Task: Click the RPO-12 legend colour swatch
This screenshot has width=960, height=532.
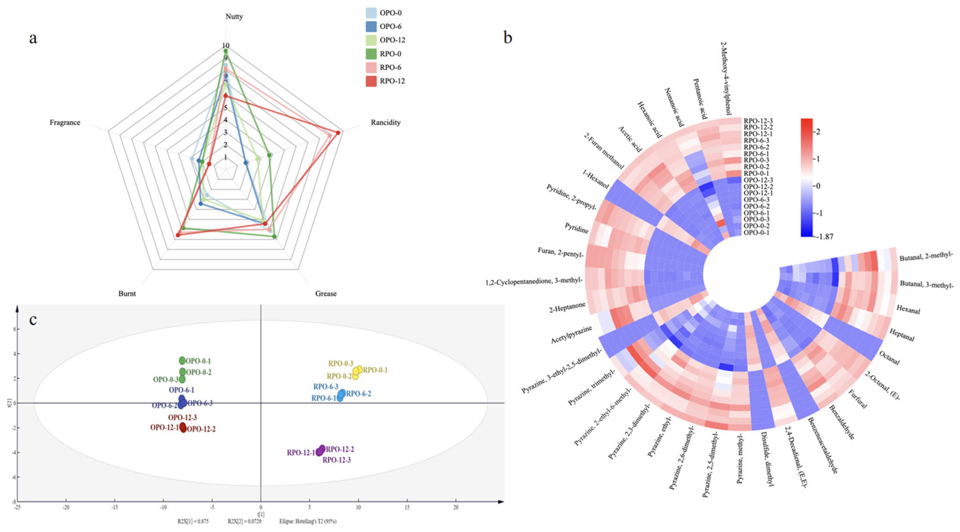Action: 371,81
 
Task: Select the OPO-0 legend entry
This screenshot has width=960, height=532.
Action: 390,13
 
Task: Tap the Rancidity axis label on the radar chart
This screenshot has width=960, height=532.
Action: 385,123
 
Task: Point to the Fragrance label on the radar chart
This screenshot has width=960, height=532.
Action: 65,123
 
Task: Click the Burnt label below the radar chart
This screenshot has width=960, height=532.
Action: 127,294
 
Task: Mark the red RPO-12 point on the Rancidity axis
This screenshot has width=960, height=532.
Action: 338,132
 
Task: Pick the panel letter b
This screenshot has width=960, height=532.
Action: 507,38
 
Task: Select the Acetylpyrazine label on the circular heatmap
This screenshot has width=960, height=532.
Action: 571,335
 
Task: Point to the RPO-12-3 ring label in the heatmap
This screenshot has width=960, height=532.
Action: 758,121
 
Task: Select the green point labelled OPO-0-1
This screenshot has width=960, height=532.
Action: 182,360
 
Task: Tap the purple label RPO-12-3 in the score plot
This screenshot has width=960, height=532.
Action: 337,460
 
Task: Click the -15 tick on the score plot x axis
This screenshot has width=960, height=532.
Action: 115,507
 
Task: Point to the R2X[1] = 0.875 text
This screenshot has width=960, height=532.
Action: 193,521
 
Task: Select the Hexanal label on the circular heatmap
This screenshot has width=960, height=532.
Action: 908,309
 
